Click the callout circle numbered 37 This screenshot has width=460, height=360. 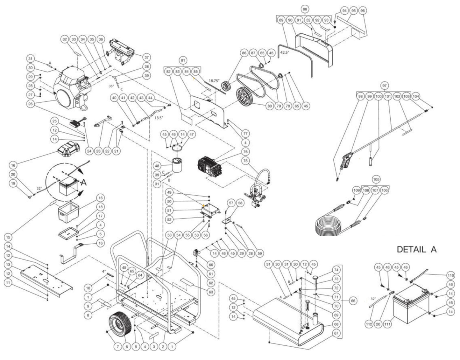pyautogui.click(x=147, y=58)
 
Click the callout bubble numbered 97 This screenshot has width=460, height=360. pyautogui.click(x=385, y=86)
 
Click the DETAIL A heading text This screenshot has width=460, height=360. pyautogui.click(x=416, y=250)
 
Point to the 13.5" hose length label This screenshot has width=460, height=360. pyautogui.click(x=159, y=117)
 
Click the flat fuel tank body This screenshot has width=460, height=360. pyautogui.click(x=287, y=321)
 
